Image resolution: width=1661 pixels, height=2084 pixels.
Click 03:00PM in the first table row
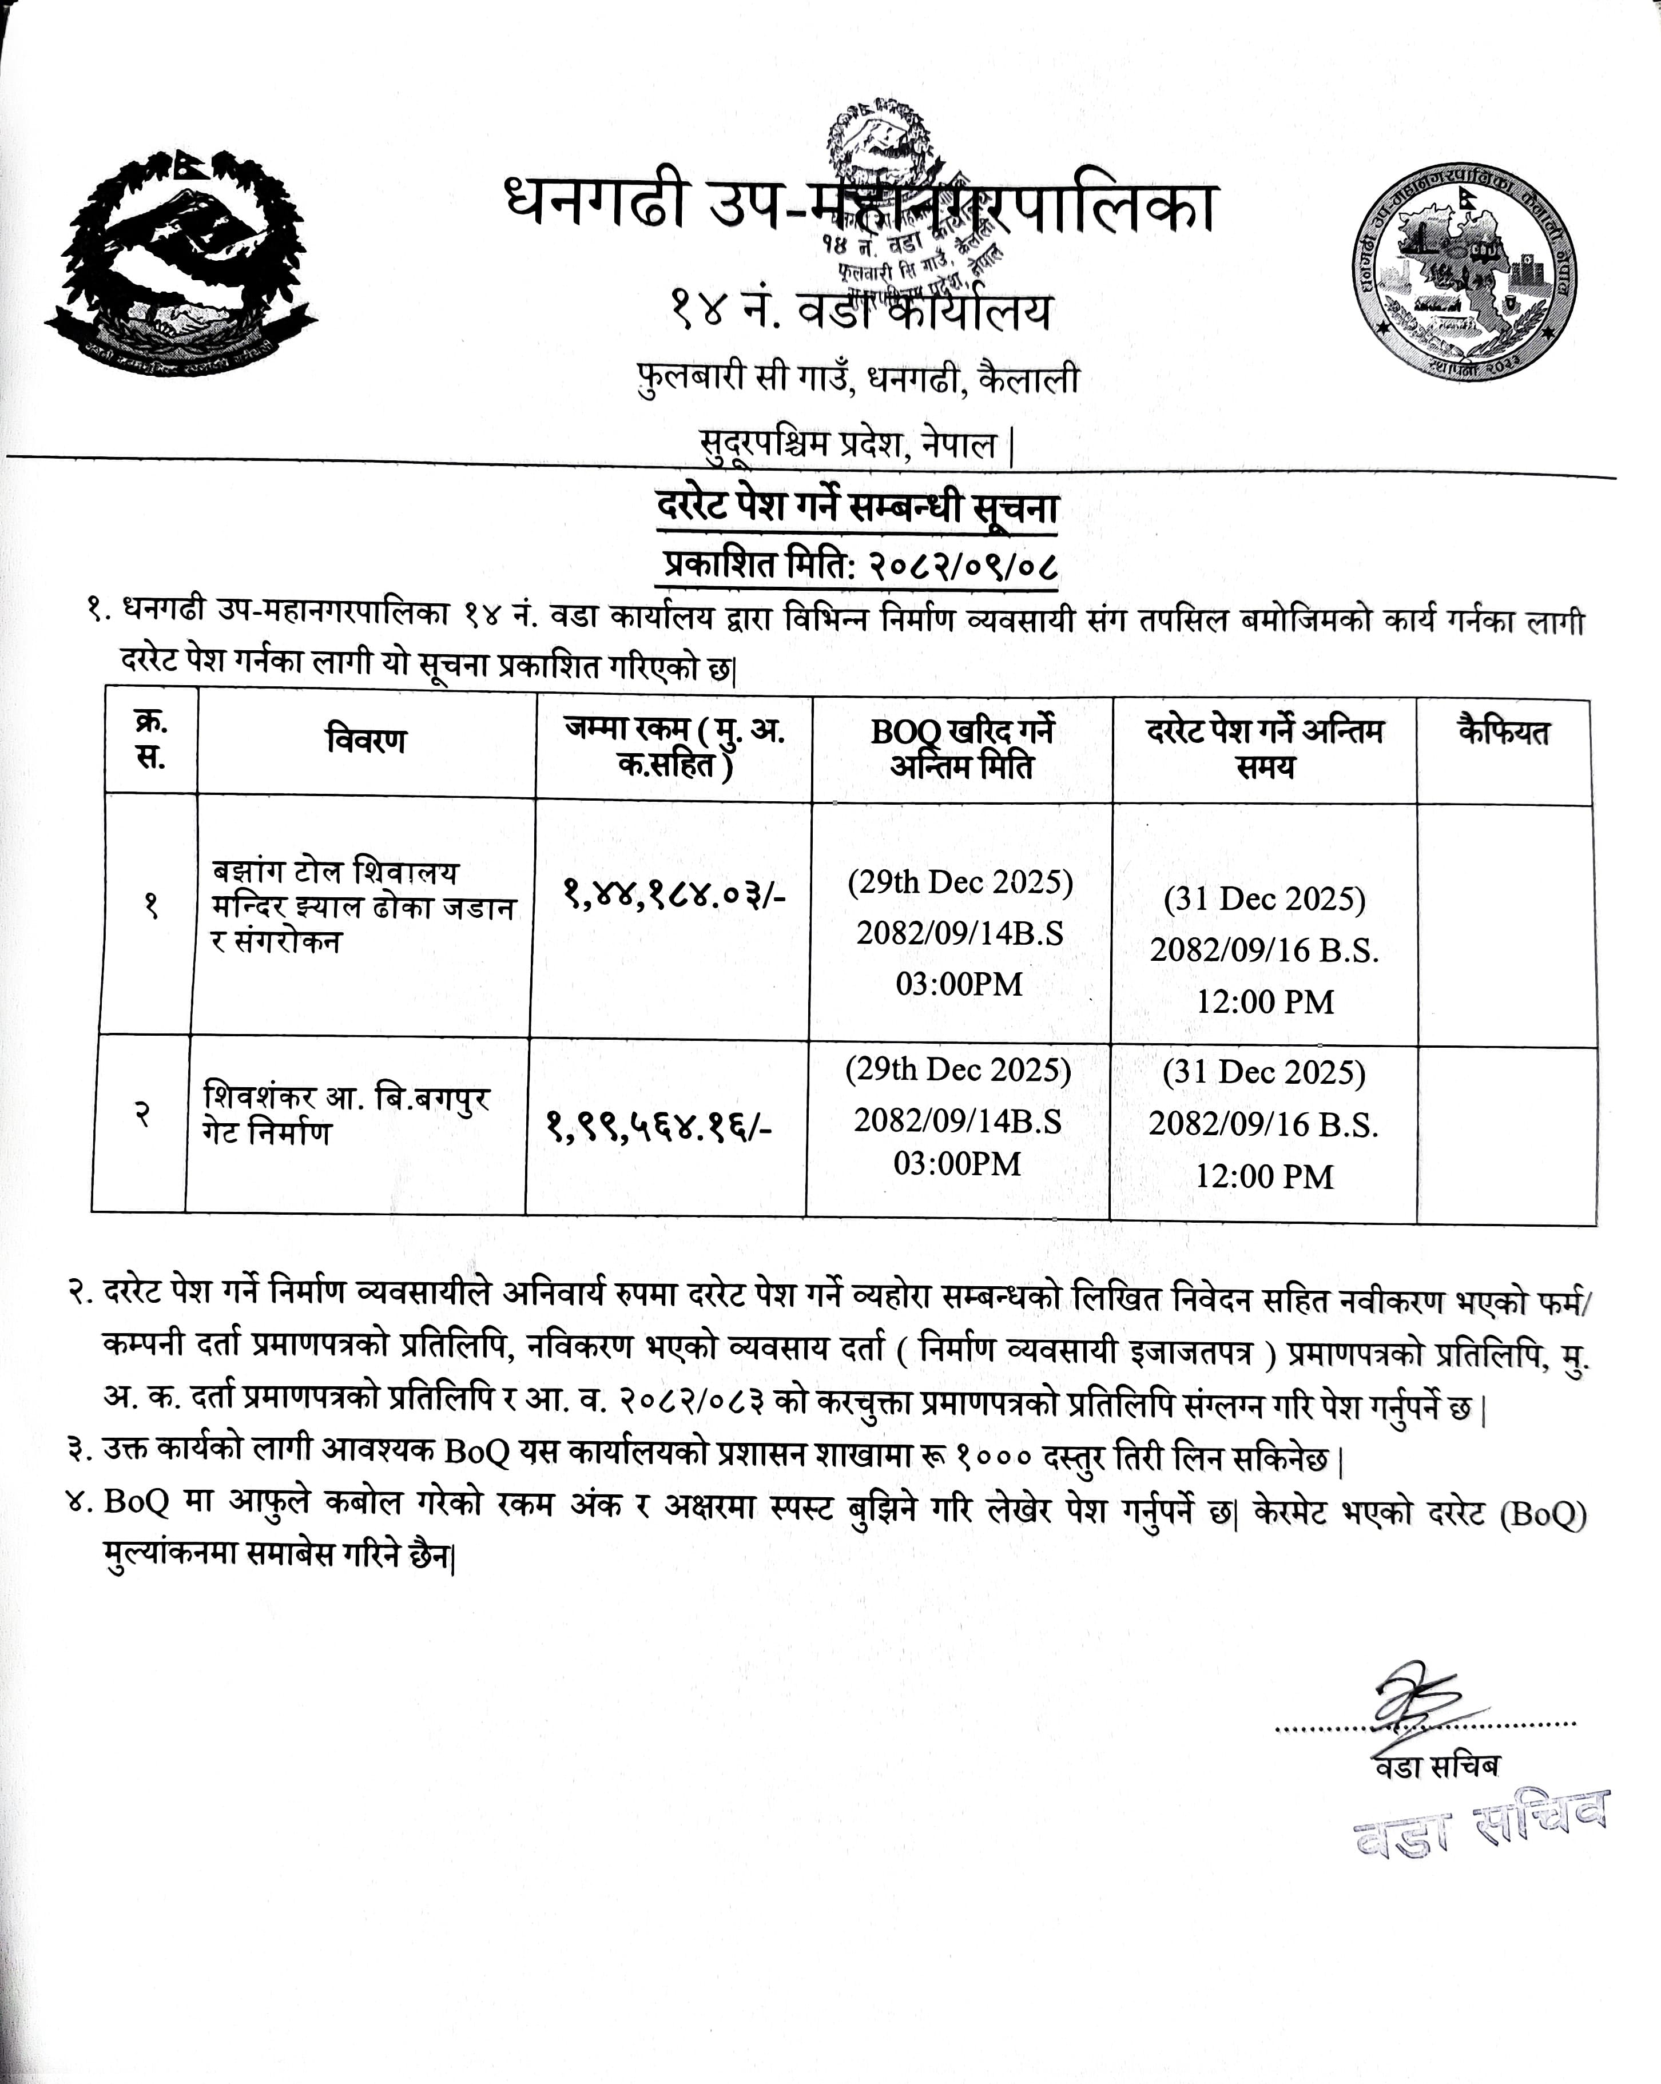(959, 984)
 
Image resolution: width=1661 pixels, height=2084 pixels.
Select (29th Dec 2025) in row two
(958, 1069)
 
